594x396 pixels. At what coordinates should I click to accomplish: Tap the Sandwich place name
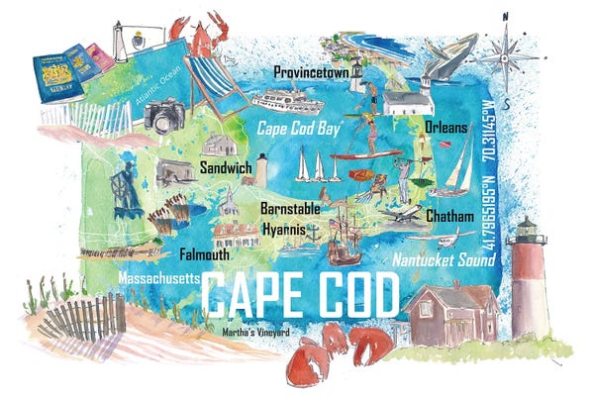tap(225, 167)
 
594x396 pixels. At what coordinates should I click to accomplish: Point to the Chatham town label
tap(453, 215)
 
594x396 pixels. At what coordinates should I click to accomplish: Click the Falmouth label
tap(204, 254)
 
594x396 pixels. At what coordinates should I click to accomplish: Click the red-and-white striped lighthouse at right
tap(527, 282)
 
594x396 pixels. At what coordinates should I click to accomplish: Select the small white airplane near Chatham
tap(405, 214)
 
